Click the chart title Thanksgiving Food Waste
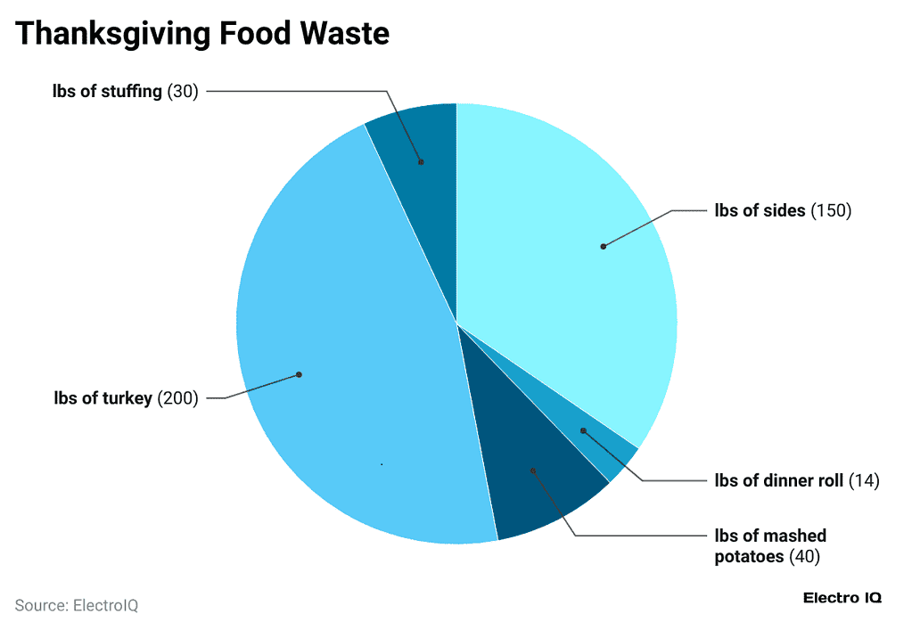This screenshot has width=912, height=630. (x=202, y=34)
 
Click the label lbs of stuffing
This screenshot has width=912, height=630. (x=107, y=91)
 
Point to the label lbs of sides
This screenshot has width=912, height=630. (x=760, y=211)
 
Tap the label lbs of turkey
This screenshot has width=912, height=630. (x=103, y=398)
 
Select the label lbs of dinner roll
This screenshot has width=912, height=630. (x=778, y=481)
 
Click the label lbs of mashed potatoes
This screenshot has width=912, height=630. (x=770, y=536)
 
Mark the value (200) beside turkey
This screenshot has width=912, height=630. (x=177, y=398)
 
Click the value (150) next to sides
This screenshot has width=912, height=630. (x=831, y=211)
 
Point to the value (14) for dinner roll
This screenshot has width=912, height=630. (x=863, y=481)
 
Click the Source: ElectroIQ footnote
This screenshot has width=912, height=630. (x=77, y=605)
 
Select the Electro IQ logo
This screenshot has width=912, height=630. (x=842, y=598)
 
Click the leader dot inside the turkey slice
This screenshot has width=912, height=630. (x=299, y=374)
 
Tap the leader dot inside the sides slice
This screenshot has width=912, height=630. (x=604, y=246)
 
